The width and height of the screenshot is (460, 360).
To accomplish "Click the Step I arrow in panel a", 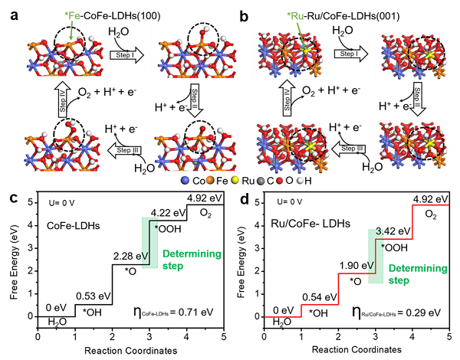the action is tap(127, 55).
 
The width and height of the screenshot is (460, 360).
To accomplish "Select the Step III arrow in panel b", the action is tap(349, 149).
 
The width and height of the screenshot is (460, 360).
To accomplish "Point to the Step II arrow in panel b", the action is tap(417, 99).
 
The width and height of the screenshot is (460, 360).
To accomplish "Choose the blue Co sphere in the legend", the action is tap(185, 181).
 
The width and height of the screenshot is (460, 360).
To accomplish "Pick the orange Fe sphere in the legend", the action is tap(210, 181).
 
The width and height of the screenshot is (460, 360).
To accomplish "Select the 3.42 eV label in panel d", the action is tap(393, 231).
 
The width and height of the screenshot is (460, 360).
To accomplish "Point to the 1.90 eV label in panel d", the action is tap(356, 266).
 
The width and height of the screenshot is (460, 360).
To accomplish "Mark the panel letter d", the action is tap(245, 199).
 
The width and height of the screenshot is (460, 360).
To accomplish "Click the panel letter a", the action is tap(14, 16).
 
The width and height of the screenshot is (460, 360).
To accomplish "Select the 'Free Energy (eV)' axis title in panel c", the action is tap(14, 262).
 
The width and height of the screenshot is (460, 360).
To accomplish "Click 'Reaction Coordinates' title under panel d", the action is tap(356, 350).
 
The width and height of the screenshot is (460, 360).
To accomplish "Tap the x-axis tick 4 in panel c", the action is tap(187, 336).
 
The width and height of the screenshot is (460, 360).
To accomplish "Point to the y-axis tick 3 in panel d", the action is tap(258, 248).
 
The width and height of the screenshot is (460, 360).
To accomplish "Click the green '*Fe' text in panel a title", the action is tap(72, 15).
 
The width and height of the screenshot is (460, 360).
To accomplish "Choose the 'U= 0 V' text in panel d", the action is tap(290, 201).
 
